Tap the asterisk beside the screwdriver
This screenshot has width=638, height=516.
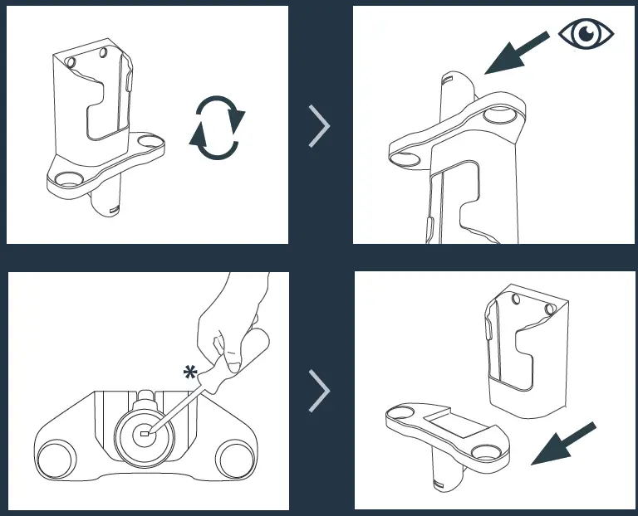191,373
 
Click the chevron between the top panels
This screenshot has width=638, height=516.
319,126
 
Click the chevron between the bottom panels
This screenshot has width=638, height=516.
319,390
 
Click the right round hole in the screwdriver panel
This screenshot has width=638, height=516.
234,459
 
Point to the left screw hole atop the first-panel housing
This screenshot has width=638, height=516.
70,61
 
